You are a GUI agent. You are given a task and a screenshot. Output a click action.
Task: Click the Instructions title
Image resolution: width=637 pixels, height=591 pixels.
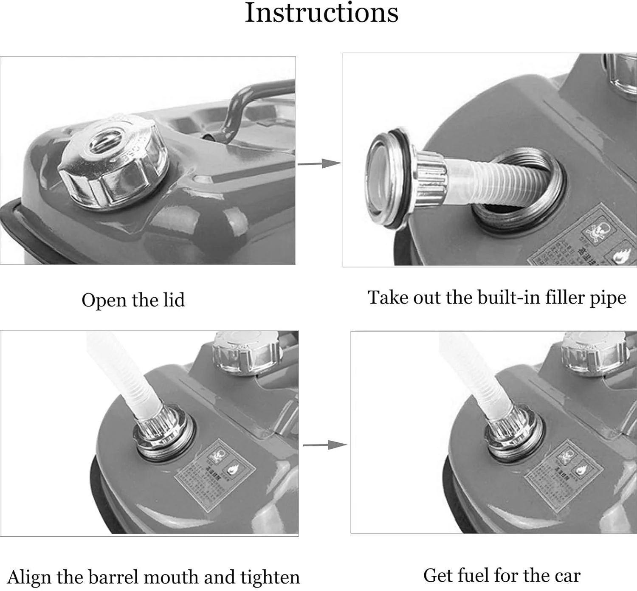(321, 13)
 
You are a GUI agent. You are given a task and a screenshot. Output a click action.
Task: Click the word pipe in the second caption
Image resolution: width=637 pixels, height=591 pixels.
(608, 298)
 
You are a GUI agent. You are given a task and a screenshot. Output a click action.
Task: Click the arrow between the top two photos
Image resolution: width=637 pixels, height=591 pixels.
(319, 163)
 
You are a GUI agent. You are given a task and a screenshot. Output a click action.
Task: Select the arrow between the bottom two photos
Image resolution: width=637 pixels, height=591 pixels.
(325, 445)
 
